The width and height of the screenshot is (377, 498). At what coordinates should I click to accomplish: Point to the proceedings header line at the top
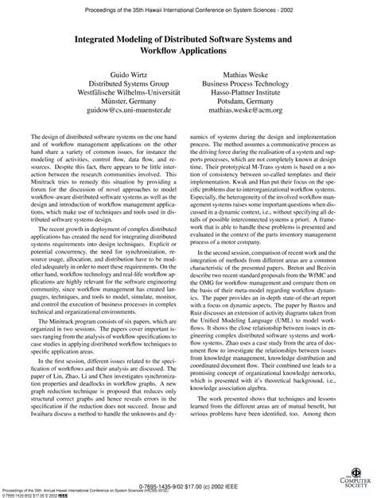(x=188, y=6)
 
